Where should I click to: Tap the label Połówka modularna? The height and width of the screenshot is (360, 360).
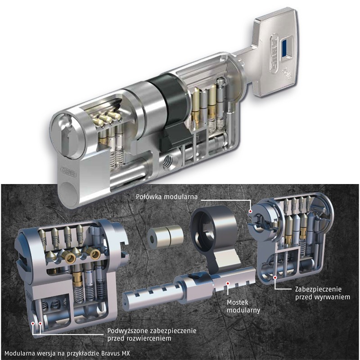(x=166, y=197)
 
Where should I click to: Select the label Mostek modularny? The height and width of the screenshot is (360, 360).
(x=243, y=306)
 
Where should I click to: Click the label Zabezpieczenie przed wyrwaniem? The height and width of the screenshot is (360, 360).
(x=323, y=293)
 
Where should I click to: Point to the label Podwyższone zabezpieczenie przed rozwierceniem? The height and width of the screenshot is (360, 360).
(x=152, y=334)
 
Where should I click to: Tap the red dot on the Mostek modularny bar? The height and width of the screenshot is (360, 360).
(x=228, y=283)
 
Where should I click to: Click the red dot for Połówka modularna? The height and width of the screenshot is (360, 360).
(x=251, y=211)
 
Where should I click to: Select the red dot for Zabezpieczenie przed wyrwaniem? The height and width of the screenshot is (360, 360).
(x=274, y=278)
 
